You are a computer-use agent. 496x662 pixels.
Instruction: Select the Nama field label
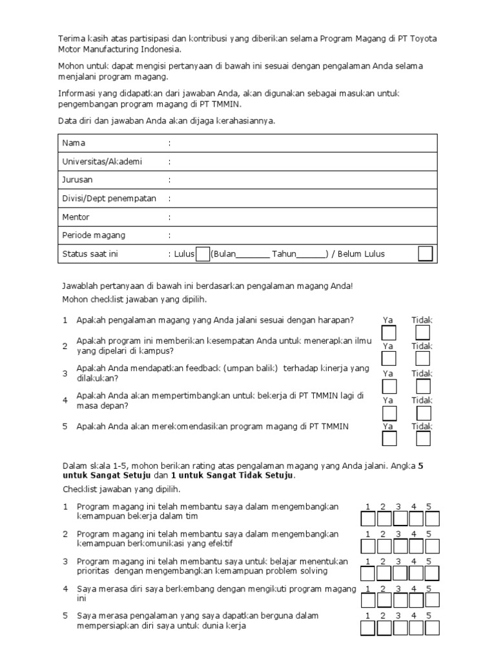(x=74, y=143)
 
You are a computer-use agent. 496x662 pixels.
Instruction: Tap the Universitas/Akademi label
(x=101, y=162)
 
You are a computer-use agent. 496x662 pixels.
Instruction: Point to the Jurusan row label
(x=77, y=180)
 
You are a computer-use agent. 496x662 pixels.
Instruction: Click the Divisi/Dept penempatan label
(x=109, y=198)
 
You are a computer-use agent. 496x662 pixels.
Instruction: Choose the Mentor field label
(x=76, y=217)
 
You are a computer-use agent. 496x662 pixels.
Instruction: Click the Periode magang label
(x=94, y=235)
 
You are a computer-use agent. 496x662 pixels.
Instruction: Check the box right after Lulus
(x=202, y=254)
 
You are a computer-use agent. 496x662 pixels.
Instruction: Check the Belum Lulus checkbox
(x=425, y=253)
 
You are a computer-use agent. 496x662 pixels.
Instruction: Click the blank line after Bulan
(x=253, y=256)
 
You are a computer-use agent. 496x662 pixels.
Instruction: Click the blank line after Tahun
(x=311, y=256)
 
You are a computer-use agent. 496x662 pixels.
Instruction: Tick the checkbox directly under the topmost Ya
(x=389, y=333)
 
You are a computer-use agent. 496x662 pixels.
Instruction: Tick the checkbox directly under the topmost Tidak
(x=423, y=333)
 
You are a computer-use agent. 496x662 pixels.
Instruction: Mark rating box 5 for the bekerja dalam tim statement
(x=432, y=518)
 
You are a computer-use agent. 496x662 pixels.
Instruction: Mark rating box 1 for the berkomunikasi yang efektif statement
(x=367, y=546)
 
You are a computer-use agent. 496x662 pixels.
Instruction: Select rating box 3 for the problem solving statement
(x=400, y=573)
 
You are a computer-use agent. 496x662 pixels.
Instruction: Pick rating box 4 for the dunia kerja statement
(x=416, y=628)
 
